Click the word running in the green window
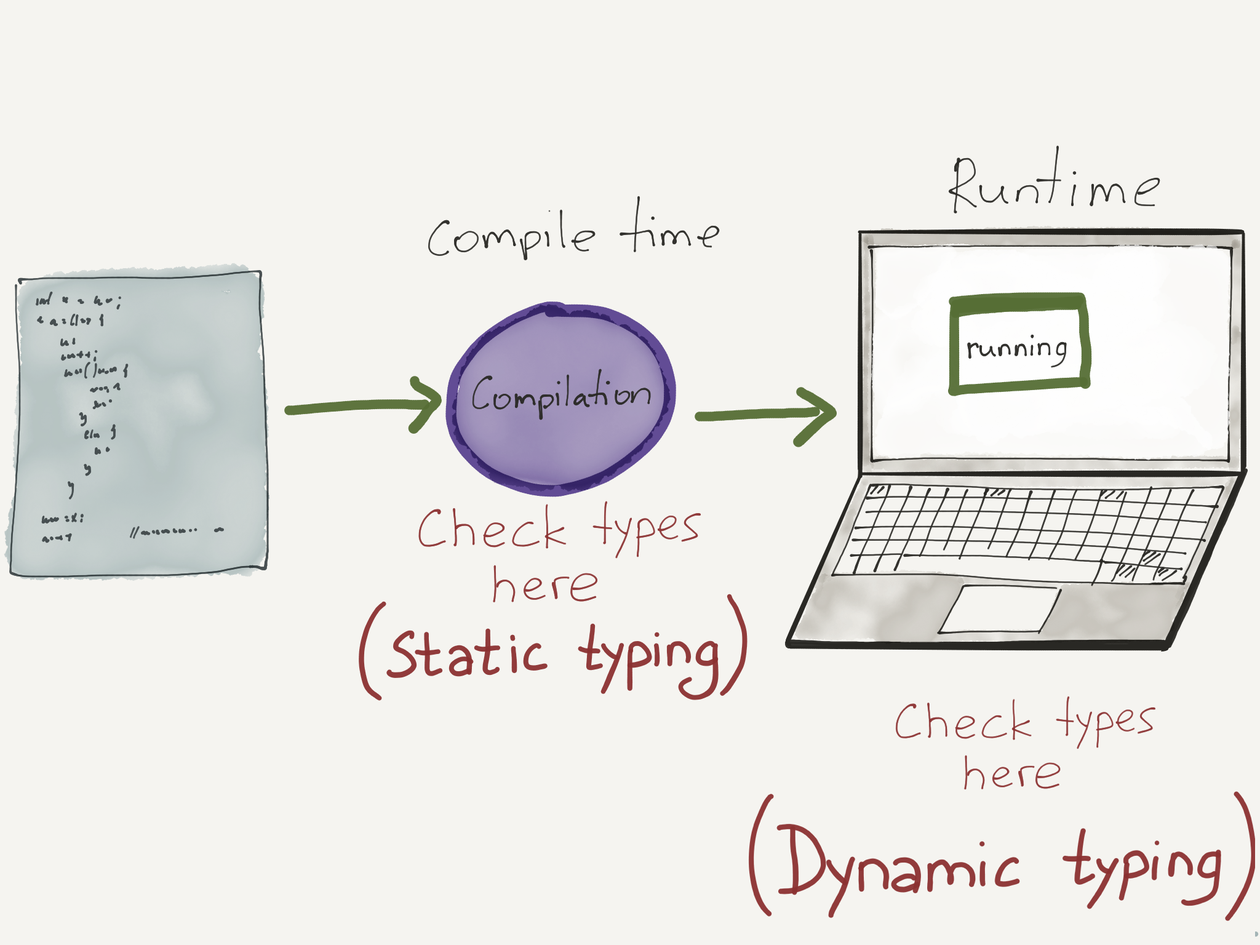click(1016, 349)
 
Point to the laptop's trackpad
click(1000, 609)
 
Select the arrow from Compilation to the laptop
click(766, 415)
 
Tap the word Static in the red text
click(468, 653)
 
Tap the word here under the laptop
click(1012, 773)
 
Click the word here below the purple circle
click(544, 584)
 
